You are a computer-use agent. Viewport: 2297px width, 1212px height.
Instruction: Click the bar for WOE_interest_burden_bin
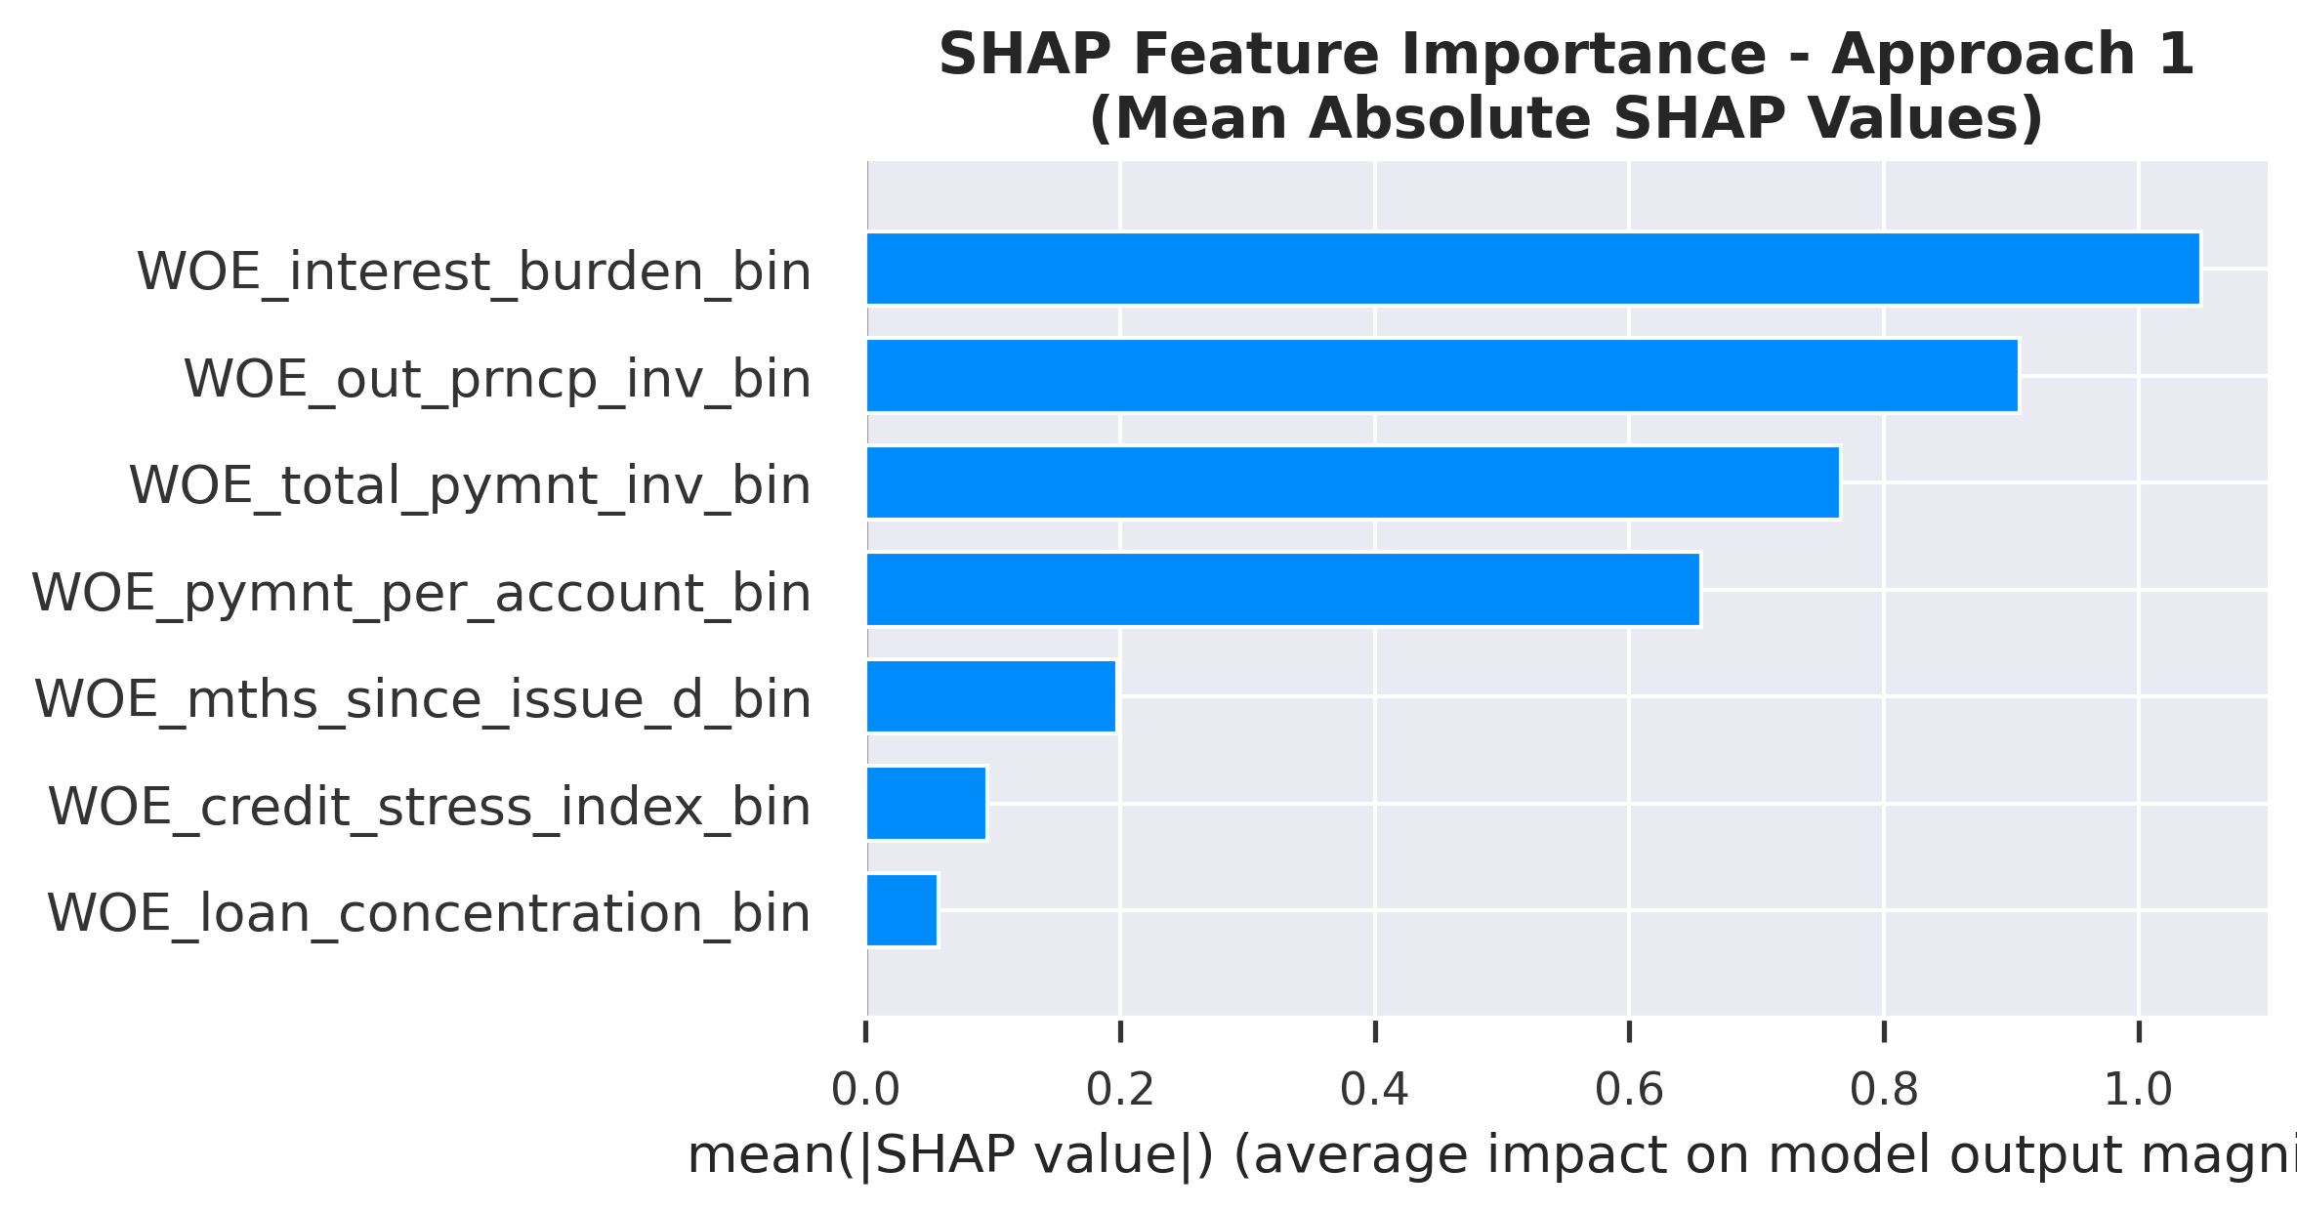1532,269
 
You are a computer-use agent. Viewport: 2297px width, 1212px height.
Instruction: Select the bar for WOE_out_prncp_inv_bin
1441,376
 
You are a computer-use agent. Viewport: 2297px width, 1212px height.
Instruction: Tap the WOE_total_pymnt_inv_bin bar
1353,482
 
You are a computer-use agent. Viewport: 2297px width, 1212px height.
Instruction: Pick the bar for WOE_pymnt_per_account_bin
1282,590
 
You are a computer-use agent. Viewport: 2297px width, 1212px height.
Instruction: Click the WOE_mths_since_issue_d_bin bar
990,696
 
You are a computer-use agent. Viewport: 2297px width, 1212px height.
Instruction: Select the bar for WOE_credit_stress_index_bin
926,803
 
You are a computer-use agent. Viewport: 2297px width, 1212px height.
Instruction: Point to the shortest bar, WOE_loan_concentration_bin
901,910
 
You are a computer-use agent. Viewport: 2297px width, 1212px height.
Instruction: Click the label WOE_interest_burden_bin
474,272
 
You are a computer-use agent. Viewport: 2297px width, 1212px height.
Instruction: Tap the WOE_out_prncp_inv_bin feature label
497,379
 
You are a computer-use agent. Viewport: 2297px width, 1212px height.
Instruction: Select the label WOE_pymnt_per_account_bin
421,593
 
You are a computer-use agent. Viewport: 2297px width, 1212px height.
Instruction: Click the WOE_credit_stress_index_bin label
429,807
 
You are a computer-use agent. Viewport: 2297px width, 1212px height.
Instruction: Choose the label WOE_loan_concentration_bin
429,913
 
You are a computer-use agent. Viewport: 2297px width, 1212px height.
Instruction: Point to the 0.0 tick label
865,1090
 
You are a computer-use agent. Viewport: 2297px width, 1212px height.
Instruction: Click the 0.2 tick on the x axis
1120,1090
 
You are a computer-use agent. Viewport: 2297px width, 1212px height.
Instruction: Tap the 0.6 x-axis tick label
1629,1090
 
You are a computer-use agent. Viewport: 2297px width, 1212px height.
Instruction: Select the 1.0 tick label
2138,1090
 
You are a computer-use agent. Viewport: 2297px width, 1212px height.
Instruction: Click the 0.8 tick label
1884,1090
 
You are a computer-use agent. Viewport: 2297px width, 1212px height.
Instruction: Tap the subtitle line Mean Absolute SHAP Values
1566,119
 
